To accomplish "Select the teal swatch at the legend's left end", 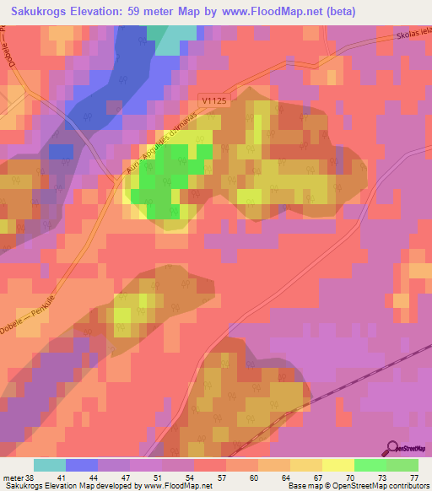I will point(50,465).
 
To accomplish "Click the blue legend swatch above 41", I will point(82,465).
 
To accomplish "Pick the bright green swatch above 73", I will point(370,465).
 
